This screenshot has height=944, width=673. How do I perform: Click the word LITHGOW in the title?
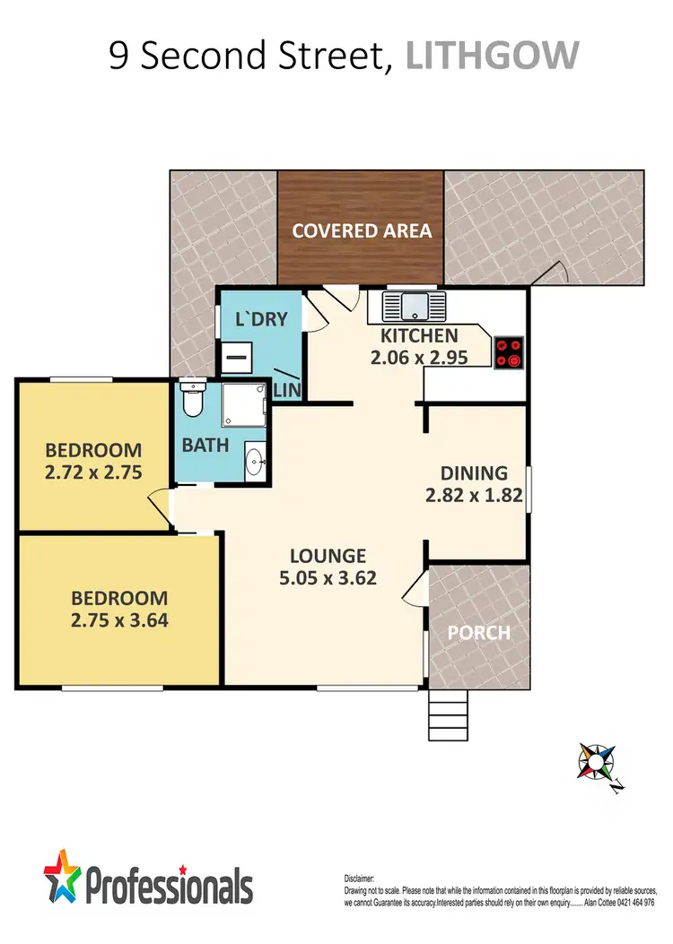click(x=493, y=56)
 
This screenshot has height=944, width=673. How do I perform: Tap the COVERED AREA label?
click(x=362, y=230)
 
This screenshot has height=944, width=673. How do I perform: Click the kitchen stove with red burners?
click(x=509, y=351)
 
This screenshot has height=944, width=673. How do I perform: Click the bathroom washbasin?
click(x=256, y=463)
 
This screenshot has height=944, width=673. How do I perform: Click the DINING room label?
click(x=474, y=473)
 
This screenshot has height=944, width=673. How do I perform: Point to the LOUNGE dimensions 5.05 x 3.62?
click(x=327, y=577)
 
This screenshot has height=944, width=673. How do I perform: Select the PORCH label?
click(x=478, y=632)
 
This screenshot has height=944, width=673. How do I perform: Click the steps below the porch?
click(x=448, y=715)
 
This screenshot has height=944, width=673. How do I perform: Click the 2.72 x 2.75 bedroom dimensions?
click(x=94, y=472)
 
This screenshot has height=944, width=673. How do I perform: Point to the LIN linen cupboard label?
click(x=286, y=389)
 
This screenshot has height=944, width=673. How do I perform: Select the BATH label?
click(x=205, y=446)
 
